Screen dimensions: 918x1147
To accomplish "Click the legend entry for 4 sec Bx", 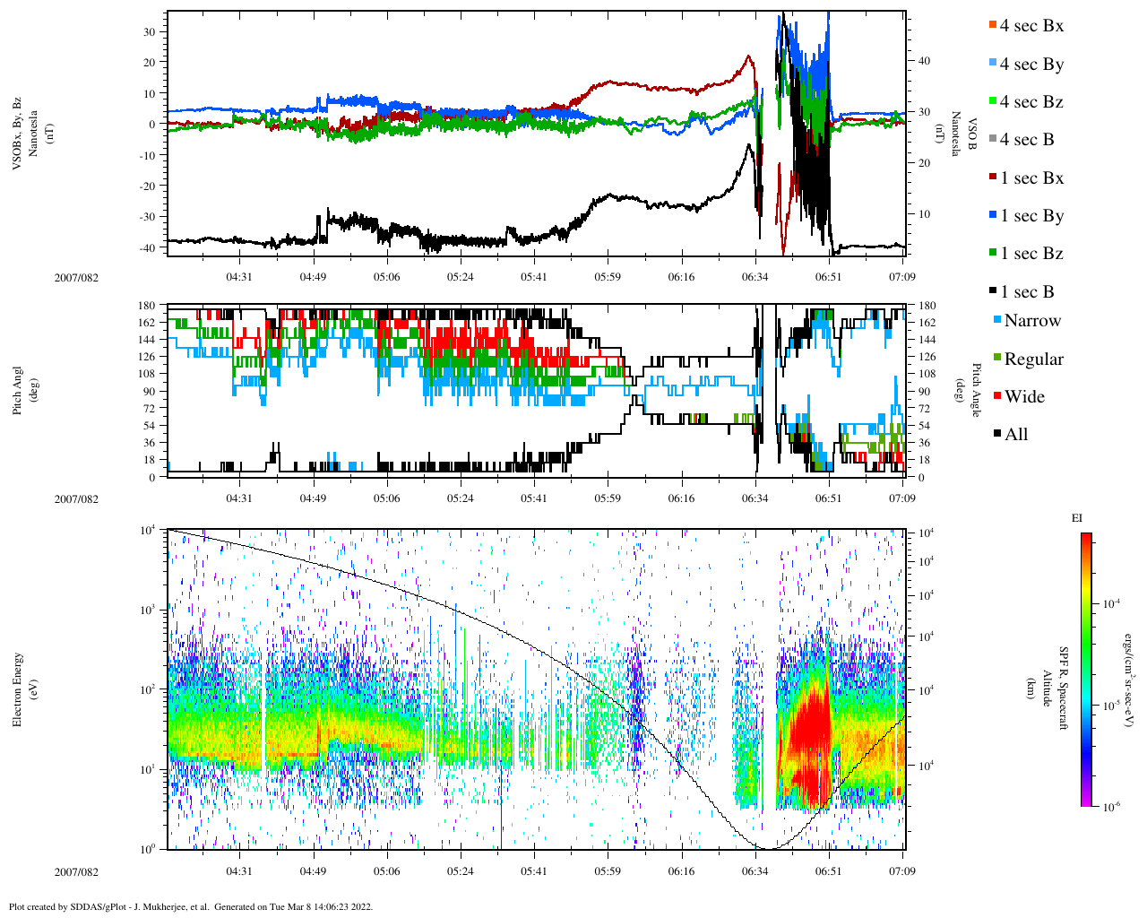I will click(1031, 26).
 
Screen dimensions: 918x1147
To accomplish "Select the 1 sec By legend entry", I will click(1031, 216).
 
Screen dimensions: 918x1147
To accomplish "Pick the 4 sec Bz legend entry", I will click(1031, 102).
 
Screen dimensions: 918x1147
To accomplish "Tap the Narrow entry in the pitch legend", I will click(1031, 321).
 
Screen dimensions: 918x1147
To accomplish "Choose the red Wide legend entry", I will click(1023, 397).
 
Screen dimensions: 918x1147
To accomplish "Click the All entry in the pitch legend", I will click(1015, 435).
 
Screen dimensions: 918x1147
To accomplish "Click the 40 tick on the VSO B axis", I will click(924, 61).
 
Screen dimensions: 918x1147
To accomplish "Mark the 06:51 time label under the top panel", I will click(828, 277).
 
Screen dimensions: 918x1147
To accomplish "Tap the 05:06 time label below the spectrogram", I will click(386, 871).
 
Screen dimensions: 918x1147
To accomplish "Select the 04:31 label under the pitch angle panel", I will click(238, 498).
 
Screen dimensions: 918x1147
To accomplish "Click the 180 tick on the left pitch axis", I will click(147, 306).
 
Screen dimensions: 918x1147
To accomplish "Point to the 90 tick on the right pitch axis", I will click(923, 391).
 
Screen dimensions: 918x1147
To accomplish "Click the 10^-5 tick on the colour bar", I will click(1112, 706).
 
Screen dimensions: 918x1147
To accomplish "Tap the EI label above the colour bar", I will click(1077, 518).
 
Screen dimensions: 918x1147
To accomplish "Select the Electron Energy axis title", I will click(17, 688).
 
